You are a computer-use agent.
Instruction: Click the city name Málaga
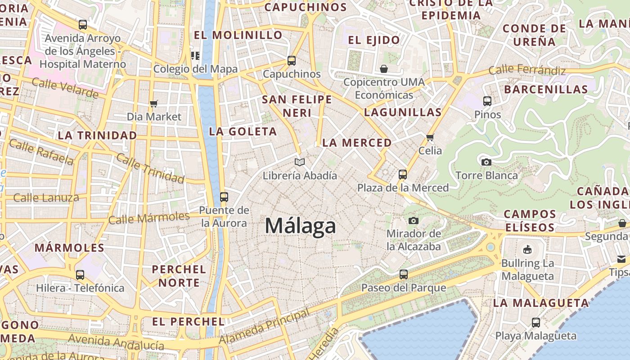tap(300, 225)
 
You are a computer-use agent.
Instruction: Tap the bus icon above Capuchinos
tap(292, 61)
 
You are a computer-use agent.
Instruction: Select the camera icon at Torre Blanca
tap(486, 162)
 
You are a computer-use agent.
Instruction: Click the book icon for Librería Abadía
tap(300, 162)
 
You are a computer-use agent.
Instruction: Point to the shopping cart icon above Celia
tap(430, 137)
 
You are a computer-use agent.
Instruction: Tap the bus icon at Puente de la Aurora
tap(224, 197)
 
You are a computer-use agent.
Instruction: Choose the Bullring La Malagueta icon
tap(527, 249)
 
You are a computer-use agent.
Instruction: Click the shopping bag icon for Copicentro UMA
tap(384, 69)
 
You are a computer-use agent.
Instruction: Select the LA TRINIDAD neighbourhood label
tap(97, 135)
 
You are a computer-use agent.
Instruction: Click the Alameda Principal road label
tap(264, 327)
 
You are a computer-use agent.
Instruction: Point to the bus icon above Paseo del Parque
tap(404, 274)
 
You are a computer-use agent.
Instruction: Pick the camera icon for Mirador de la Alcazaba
tap(414, 220)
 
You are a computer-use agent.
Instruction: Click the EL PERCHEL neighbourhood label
tap(188, 321)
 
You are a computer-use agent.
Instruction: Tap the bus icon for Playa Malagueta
tap(535, 322)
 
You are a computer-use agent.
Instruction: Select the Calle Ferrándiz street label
tap(527, 70)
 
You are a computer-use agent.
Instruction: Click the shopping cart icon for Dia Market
tap(154, 104)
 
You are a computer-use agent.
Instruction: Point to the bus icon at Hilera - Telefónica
tap(80, 274)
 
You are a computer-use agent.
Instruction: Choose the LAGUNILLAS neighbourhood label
tap(403, 112)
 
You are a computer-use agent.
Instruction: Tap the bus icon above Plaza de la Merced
tap(403, 174)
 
